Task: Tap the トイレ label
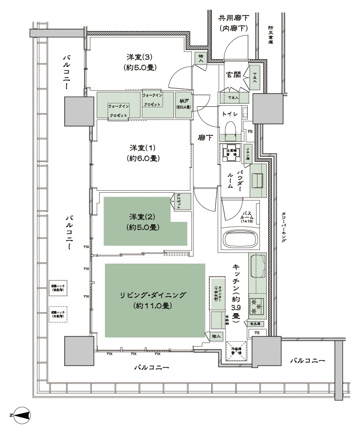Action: (229, 114)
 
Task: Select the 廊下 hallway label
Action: (205, 138)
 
